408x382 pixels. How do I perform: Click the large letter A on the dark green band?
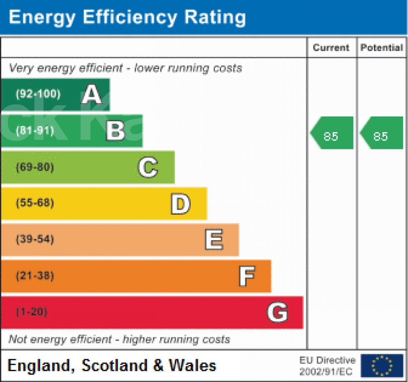coord(92,95)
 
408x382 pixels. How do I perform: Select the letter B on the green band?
coord(115,131)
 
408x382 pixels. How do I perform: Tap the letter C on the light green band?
coord(148,168)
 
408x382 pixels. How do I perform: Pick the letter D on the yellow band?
coord(181,204)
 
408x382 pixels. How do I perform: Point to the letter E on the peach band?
coord(214,240)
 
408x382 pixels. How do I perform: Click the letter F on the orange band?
coord(247,276)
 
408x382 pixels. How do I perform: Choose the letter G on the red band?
coord(277,313)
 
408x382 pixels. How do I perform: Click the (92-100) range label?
coord(38,94)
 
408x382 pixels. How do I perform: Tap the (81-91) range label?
coord(35,131)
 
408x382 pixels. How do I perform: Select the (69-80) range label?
coord(35,167)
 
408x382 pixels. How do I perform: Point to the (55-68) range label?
coord(35,203)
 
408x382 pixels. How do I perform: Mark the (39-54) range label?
coord(35,240)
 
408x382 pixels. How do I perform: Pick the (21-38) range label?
coord(35,276)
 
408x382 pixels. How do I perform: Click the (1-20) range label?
coord(31,312)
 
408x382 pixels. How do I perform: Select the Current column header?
coord(331,48)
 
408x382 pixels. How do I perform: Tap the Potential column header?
coord(382,48)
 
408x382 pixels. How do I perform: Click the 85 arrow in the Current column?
coord(332,133)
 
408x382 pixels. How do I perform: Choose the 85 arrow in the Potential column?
coord(381,133)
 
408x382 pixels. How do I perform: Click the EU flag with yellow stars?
coord(382,366)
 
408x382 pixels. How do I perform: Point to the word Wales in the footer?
coord(192,366)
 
